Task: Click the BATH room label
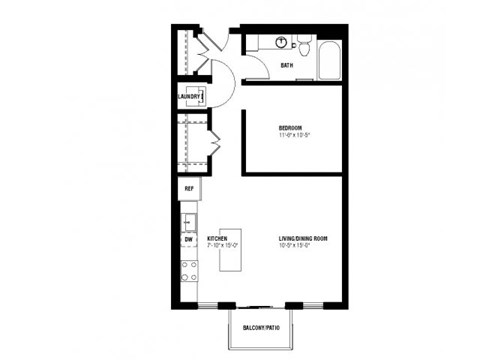[286, 66]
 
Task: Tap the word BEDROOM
[292, 127]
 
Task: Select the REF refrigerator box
[188, 188]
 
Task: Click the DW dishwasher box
[188, 240]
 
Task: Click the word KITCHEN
[218, 239]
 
